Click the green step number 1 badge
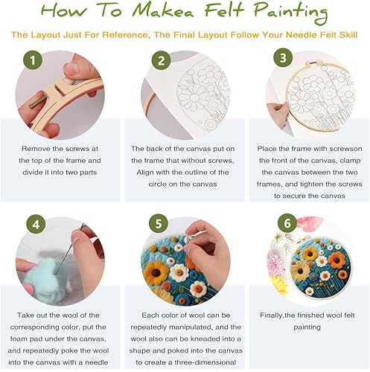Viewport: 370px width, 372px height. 33,60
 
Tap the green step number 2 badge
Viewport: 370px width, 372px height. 161,60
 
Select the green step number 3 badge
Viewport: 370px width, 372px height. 283,57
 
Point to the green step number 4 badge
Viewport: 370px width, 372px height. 36,225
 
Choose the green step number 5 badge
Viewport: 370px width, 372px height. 159,223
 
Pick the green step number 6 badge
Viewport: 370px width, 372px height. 287,223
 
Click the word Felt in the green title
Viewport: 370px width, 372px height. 225,11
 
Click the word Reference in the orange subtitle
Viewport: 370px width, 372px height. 125,35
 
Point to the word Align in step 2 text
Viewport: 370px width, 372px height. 145,173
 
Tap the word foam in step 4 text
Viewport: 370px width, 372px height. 19,339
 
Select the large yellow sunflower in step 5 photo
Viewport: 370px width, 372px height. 156,272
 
